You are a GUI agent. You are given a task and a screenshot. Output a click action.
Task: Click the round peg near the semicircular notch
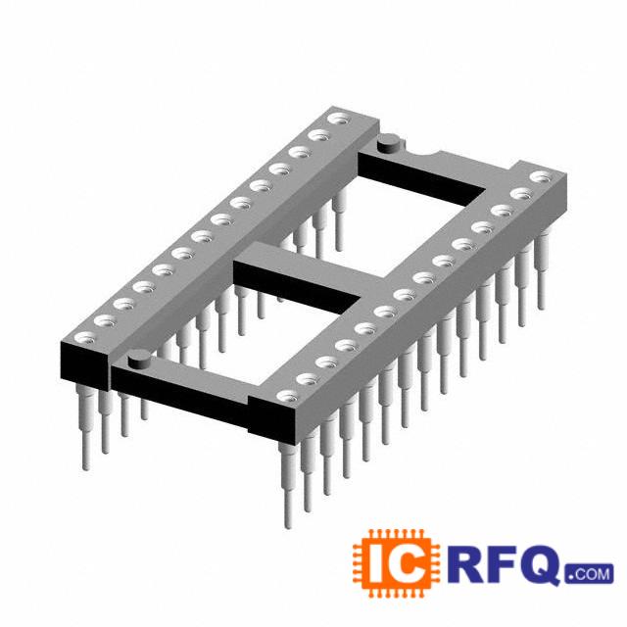click(x=388, y=143)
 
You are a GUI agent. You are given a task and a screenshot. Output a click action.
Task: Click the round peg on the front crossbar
click(x=138, y=359)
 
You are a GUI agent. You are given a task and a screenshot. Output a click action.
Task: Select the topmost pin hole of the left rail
click(x=338, y=119)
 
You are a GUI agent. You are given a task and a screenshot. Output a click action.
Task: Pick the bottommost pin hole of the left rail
click(x=85, y=337)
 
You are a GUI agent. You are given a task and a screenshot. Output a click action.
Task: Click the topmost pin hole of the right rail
click(x=541, y=176)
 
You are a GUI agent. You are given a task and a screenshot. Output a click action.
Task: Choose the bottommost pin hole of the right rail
click(x=287, y=396)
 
